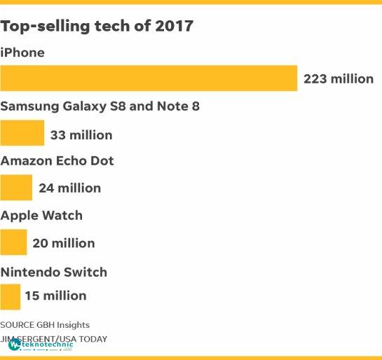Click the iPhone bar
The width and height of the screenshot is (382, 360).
click(x=149, y=78)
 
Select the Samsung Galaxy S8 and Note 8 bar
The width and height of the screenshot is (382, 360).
click(x=22, y=133)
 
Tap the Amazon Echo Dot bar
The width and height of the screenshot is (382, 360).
click(x=16, y=188)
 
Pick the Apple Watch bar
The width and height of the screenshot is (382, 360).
click(x=13, y=242)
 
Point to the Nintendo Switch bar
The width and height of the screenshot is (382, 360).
click(x=10, y=297)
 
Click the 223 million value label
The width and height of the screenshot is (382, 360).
click(x=339, y=79)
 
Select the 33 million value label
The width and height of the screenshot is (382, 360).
click(x=81, y=135)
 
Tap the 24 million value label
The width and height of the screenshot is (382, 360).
click(x=70, y=188)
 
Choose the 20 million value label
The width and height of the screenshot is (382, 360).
click(x=64, y=243)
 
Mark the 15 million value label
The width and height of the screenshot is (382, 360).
click(x=56, y=296)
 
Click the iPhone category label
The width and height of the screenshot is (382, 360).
click(x=22, y=53)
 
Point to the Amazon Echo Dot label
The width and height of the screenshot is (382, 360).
click(x=57, y=161)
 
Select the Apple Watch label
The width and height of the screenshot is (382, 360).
click(x=41, y=216)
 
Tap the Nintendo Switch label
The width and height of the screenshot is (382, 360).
click(x=53, y=272)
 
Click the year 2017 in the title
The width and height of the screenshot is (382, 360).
click(x=175, y=26)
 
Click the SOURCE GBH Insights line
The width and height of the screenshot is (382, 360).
click(x=45, y=325)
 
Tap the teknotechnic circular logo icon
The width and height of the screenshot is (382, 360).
click(x=14, y=345)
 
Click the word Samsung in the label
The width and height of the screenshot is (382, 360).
click(x=29, y=107)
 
